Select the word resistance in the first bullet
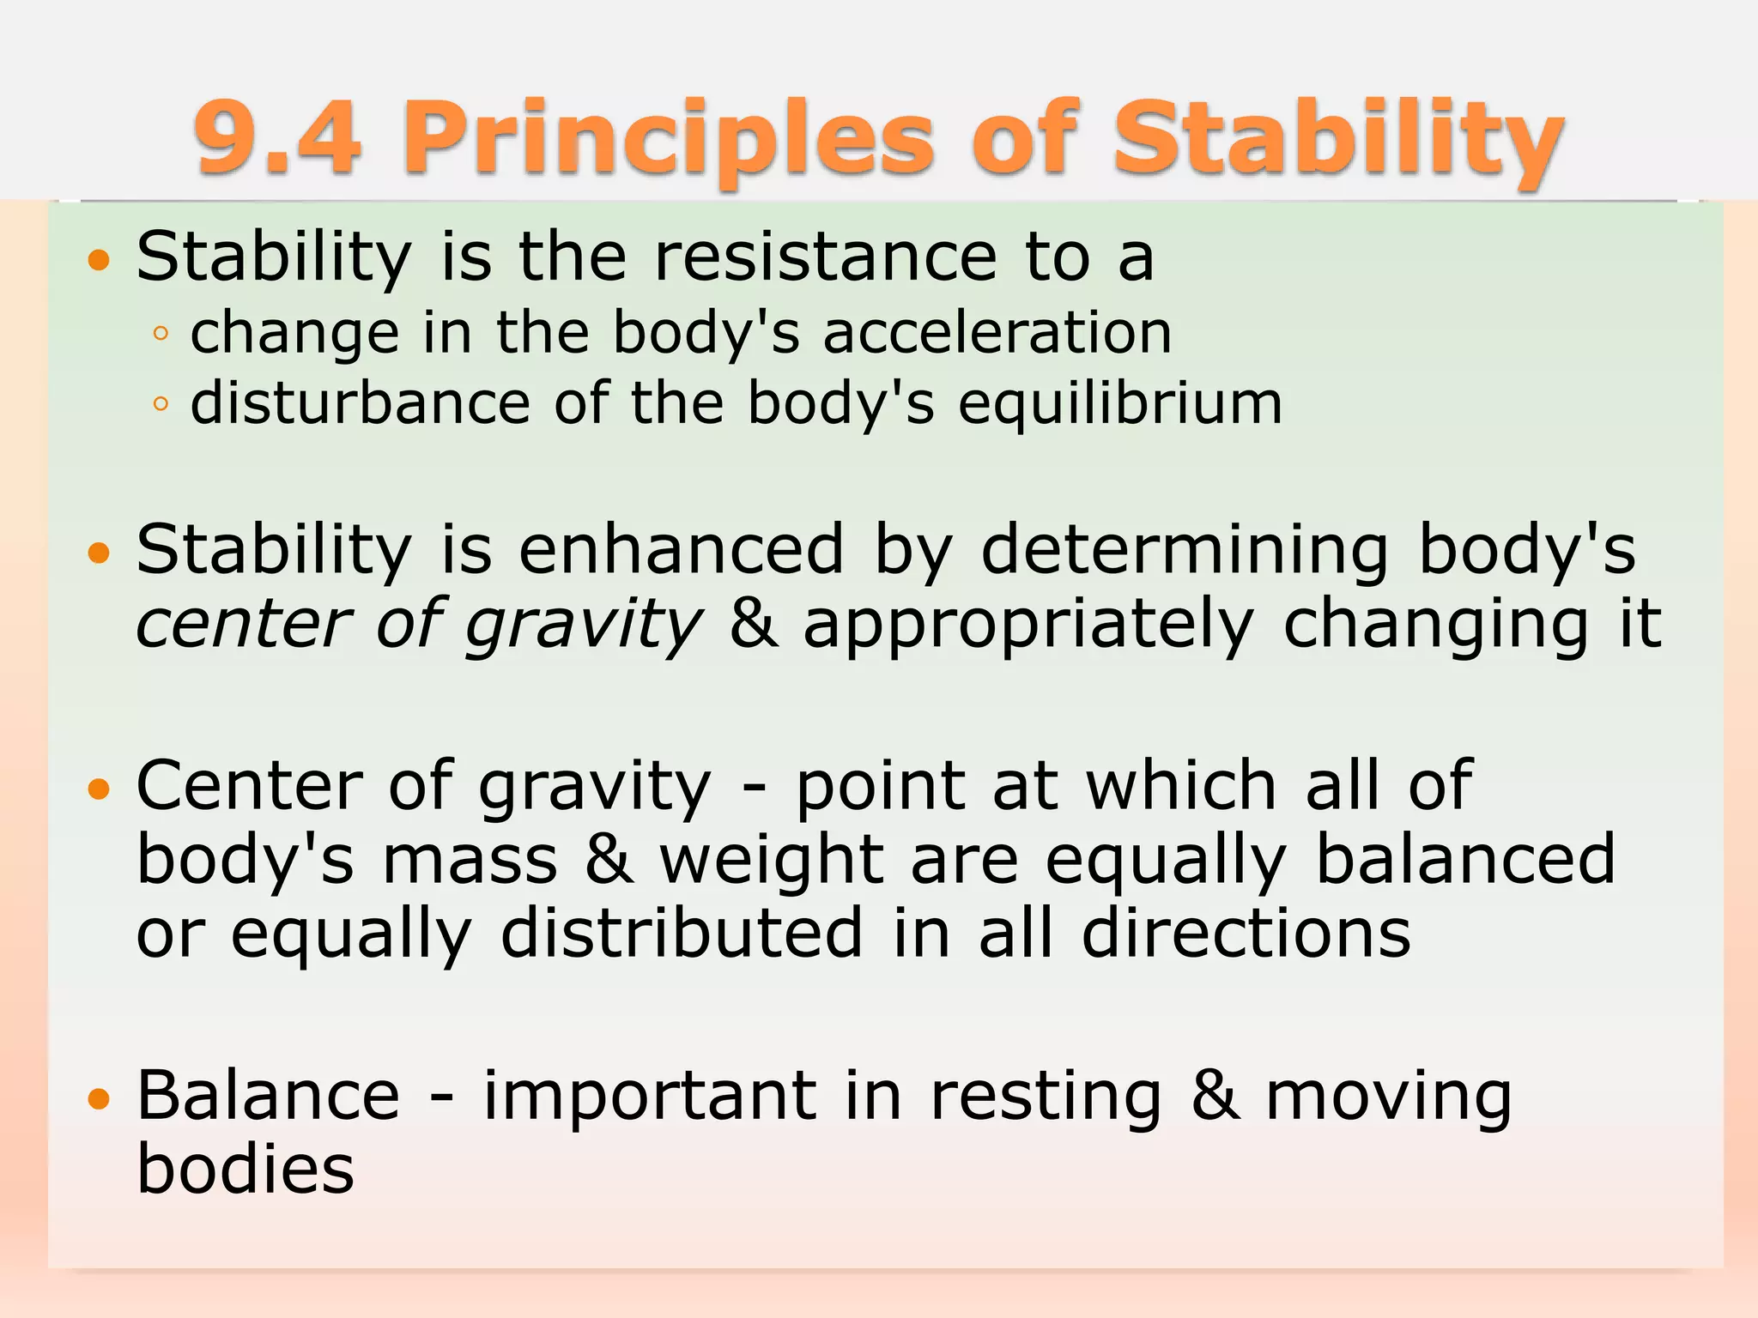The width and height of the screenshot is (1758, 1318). coord(825,257)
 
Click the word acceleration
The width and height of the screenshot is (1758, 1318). coord(997,332)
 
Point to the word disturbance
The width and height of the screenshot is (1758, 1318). coord(361,402)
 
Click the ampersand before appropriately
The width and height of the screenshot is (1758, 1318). coord(753,624)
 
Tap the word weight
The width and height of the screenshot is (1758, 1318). coord(771,861)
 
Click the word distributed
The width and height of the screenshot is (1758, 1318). coord(682,933)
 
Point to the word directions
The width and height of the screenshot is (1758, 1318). coord(1246,933)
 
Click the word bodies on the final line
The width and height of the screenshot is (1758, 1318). coord(246,1169)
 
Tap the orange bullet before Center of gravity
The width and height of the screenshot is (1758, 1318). coord(100,789)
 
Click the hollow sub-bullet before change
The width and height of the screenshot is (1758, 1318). coord(161,334)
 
